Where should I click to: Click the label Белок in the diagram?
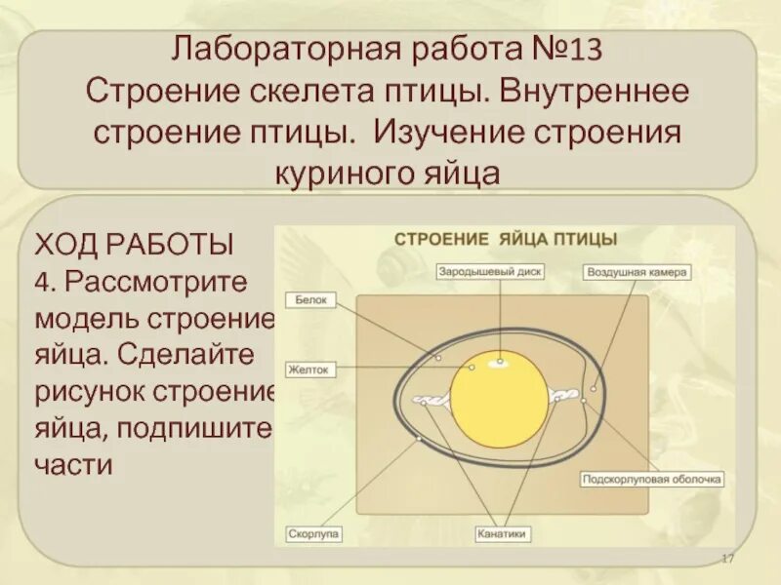(311, 301)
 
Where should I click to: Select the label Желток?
(311, 370)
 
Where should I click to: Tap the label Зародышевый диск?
(490, 272)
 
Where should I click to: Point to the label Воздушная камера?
(637, 272)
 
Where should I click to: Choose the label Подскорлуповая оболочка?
(651, 480)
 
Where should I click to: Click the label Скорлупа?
(313, 534)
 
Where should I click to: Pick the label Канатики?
(503, 534)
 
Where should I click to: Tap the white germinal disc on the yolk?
(501, 363)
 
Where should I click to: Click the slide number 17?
(726, 557)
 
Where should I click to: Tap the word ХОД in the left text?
(67, 244)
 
